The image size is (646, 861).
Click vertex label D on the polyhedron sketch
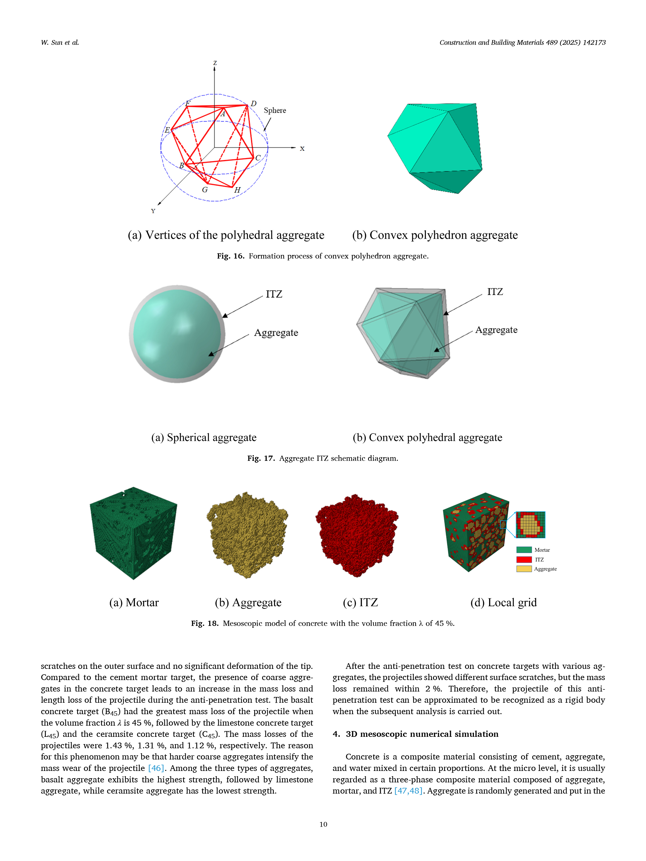pos(253,104)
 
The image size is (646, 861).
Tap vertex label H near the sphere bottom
pos(237,190)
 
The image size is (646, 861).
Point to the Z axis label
pos(215,63)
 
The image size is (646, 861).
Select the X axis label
pos(302,149)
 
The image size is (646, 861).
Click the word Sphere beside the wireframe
pos(275,111)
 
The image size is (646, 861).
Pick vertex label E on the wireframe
pos(167,130)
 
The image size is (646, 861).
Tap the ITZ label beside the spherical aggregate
pos(274,294)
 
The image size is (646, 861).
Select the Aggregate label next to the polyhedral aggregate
pos(496,330)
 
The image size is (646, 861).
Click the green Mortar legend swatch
pos(524,550)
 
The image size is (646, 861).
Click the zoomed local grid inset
pos(530,525)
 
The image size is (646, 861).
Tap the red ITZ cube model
pos(356,535)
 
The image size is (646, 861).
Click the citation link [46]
pos(156,768)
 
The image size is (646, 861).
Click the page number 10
pos(323,824)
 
